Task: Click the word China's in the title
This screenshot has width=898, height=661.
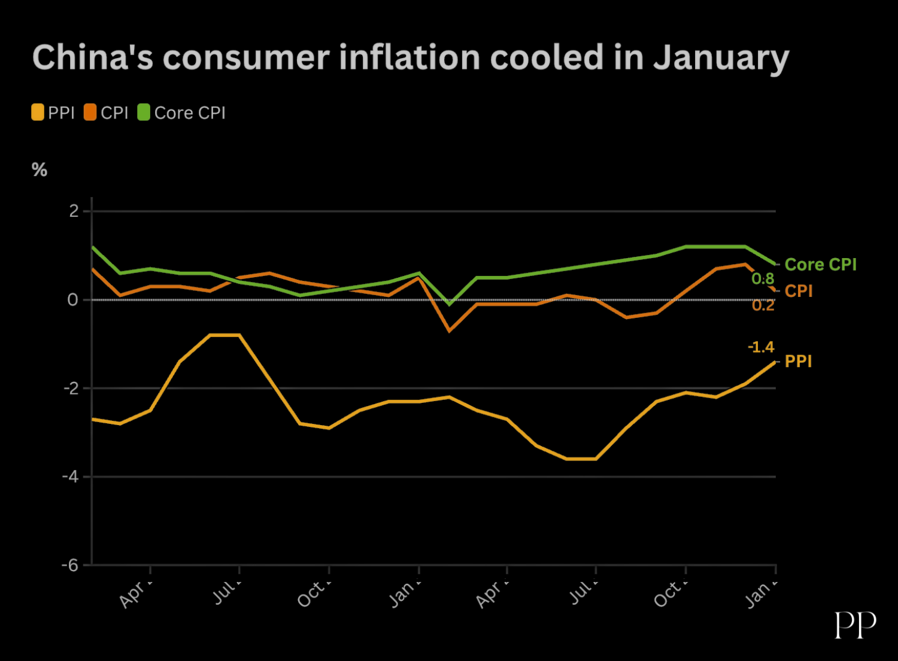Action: coord(93,57)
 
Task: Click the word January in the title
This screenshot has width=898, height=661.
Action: coord(721,59)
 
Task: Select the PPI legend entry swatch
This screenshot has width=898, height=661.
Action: coord(38,113)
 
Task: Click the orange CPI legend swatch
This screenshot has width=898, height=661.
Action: coord(90,113)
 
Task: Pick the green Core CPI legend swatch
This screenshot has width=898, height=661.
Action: coord(144,113)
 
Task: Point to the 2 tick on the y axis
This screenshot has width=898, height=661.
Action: coord(74,211)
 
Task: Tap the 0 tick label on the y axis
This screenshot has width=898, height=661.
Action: coord(73,299)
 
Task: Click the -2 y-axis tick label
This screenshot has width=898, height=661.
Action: coord(71,388)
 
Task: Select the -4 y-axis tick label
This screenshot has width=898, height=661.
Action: coord(71,477)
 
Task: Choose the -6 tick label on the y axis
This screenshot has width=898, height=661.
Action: coord(71,565)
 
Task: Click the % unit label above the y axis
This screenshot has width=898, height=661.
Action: coord(40,170)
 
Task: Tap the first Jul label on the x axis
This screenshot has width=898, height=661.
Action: coord(226,592)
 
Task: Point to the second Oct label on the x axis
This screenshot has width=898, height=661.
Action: coord(669,593)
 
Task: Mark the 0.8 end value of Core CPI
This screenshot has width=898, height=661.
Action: coord(763,278)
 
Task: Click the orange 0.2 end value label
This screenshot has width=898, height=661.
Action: coord(763,305)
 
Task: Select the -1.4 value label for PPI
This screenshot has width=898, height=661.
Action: coord(761,347)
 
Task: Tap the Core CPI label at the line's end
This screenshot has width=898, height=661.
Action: coord(820,265)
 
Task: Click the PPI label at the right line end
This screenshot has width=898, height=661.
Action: coord(798,362)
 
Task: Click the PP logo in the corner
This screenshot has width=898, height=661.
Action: coord(855,625)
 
